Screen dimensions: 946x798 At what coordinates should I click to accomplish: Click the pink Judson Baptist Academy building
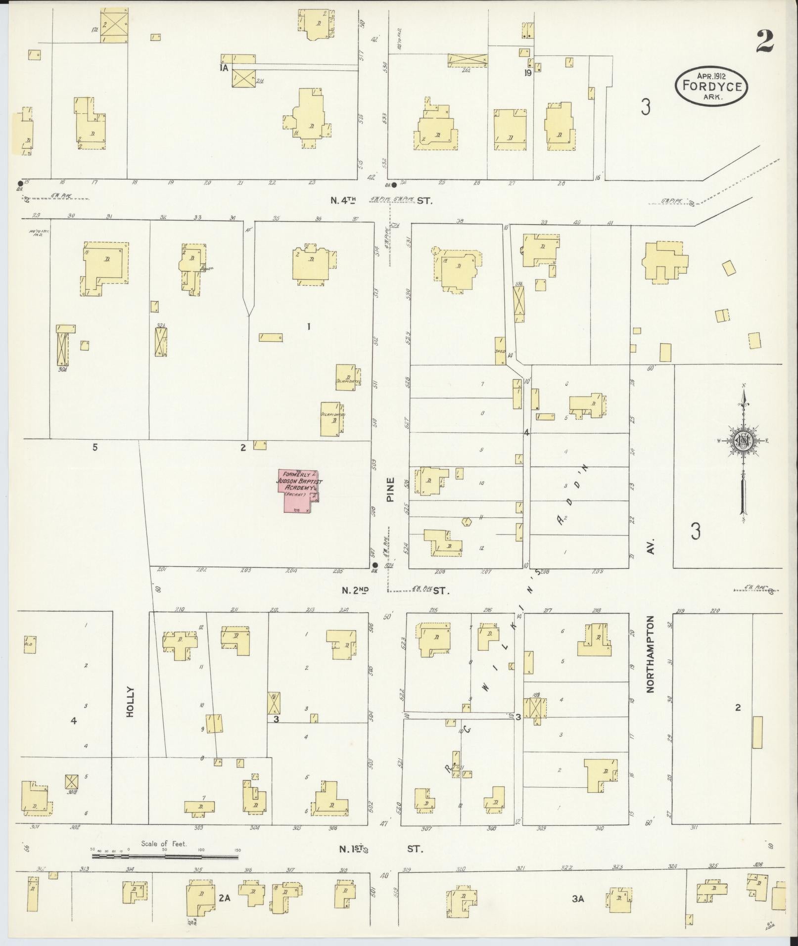[x=297, y=491]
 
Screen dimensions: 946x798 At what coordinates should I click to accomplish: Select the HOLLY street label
[x=130, y=702]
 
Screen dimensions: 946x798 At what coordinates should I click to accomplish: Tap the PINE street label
[x=391, y=490]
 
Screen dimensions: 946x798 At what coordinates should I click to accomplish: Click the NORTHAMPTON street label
[x=650, y=654]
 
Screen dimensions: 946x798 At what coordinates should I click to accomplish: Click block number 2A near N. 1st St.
[x=225, y=899]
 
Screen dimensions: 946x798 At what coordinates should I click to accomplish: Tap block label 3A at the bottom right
[x=578, y=899]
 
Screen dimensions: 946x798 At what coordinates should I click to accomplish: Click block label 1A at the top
[x=224, y=68]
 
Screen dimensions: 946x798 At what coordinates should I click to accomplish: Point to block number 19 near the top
[x=528, y=73]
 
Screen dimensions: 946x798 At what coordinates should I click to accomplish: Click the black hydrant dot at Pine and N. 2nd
[x=375, y=565]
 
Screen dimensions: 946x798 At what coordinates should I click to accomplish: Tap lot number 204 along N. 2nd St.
[x=291, y=570]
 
